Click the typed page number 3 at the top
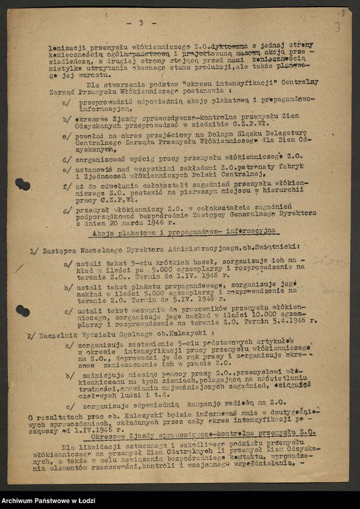click(141, 23)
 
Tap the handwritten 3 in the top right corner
click(338, 26)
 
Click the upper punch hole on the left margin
click(22, 184)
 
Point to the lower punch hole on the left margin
click(22, 311)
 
